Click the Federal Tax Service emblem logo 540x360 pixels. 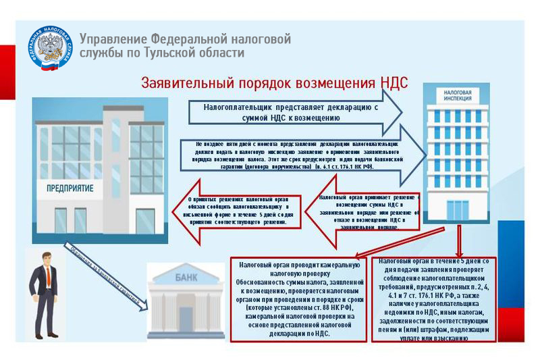[x=52, y=49]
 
